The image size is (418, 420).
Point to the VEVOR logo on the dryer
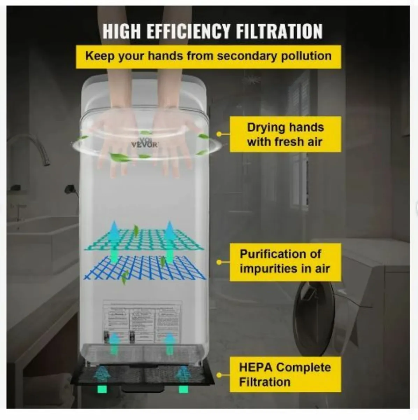click(145, 143)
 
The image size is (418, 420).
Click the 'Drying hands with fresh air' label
click(285, 134)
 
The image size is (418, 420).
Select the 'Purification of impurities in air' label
click(285, 261)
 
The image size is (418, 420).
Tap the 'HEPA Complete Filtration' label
click(285, 374)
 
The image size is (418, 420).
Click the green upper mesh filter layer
click(144, 238)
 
